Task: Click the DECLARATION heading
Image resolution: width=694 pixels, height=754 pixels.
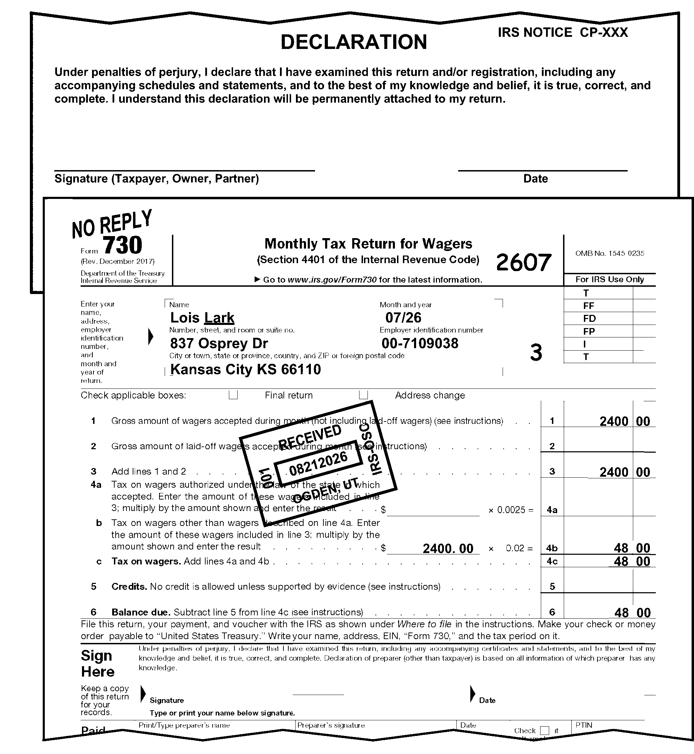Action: click(x=353, y=42)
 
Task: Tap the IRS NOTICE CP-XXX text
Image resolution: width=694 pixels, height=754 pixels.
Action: click(x=563, y=33)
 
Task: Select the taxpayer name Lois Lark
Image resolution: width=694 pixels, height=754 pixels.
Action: click(x=202, y=318)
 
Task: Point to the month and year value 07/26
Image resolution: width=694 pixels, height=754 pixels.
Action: click(x=403, y=318)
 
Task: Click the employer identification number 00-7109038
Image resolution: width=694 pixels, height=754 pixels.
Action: click(x=420, y=343)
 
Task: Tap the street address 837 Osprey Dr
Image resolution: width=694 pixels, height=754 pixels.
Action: click(x=219, y=343)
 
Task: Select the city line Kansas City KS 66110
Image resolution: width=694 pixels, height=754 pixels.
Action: click(x=246, y=370)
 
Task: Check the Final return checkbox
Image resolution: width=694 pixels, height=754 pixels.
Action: click(x=233, y=395)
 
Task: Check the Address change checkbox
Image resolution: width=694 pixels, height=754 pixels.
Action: click(x=363, y=395)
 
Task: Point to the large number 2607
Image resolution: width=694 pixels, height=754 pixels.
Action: click(x=523, y=262)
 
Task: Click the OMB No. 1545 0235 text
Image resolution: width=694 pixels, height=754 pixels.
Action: click(x=610, y=253)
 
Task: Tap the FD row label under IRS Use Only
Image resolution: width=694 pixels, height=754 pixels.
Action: click(x=589, y=319)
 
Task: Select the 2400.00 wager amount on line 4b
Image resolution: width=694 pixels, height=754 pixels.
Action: click(x=448, y=549)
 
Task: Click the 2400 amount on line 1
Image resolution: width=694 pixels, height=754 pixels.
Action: click(x=614, y=421)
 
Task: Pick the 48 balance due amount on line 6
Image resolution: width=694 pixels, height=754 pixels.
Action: click(x=621, y=613)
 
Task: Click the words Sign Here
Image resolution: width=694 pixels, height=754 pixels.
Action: click(x=97, y=663)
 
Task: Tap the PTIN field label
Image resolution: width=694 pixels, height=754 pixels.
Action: click(x=584, y=725)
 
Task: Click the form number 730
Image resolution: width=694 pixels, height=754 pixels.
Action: click(x=122, y=245)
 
